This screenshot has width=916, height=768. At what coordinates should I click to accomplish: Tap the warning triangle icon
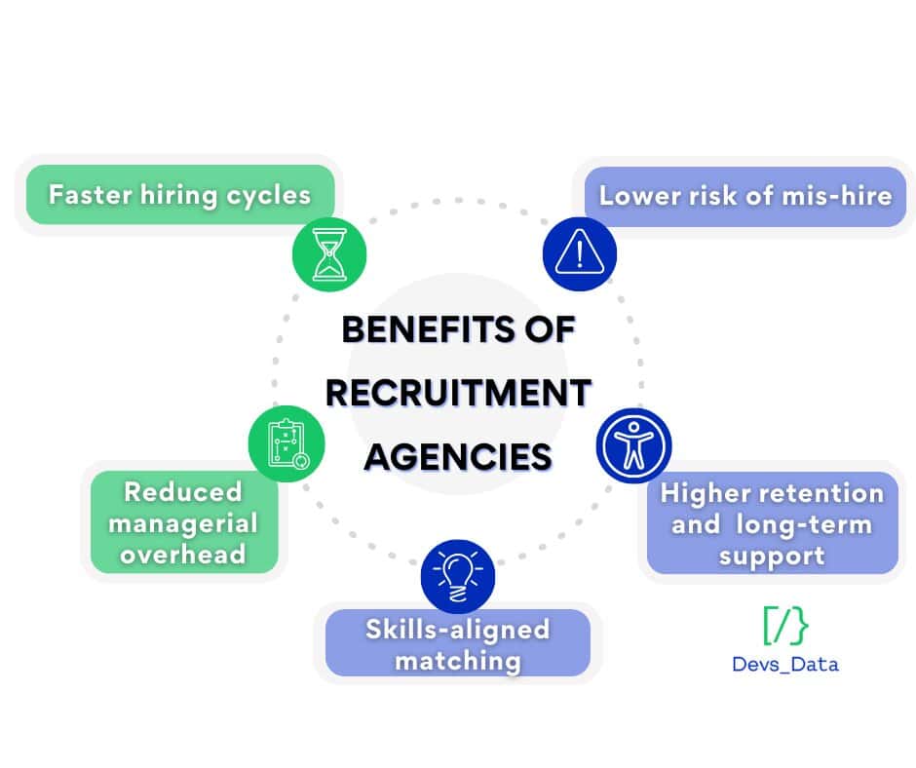click(x=580, y=253)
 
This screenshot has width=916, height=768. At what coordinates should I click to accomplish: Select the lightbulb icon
click(x=458, y=577)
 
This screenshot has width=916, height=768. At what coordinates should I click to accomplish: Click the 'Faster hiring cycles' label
click(x=179, y=195)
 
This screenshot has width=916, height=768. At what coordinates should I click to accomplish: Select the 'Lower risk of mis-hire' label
click(x=745, y=196)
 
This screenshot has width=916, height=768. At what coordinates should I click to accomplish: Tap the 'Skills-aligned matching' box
click(x=458, y=643)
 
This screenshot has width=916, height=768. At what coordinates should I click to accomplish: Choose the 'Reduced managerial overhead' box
click(x=184, y=523)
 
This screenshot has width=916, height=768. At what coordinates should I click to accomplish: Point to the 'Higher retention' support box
click(x=772, y=523)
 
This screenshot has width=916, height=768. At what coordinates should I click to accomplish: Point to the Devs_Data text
click(x=785, y=665)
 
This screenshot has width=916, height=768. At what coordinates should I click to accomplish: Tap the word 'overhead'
click(x=184, y=555)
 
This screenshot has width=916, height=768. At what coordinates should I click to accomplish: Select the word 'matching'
click(x=458, y=661)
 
